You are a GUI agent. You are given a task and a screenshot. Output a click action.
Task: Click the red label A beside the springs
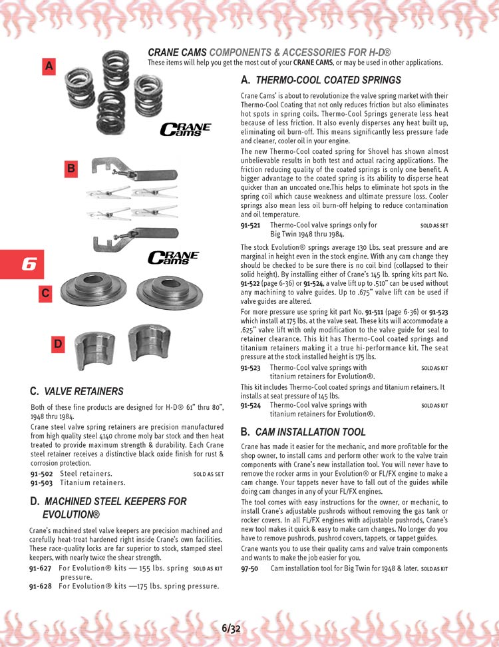[x=49, y=66]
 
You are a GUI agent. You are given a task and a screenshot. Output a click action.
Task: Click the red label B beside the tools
[x=71, y=169]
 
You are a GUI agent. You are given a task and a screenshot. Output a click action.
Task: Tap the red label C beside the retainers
[x=45, y=293]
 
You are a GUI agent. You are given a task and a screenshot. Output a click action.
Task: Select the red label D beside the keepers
[x=58, y=344]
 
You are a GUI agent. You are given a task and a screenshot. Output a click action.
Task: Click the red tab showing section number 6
[x=26, y=265]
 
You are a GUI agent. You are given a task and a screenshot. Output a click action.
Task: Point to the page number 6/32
[x=231, y=628]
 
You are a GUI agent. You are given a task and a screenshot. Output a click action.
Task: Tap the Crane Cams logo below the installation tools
[x=172, y=257]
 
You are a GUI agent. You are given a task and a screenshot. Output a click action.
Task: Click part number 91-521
[x=250, y=226]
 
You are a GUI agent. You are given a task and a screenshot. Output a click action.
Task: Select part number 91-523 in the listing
[x=250, y=367]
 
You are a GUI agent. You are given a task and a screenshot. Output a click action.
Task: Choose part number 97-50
[x=249, y=568]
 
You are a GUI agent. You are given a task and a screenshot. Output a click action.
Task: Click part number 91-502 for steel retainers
[x=41, y=474]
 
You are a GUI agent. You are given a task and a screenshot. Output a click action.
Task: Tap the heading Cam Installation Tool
[x=310, y=432]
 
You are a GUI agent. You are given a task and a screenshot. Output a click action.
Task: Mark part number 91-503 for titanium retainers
[x=41, y=482]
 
